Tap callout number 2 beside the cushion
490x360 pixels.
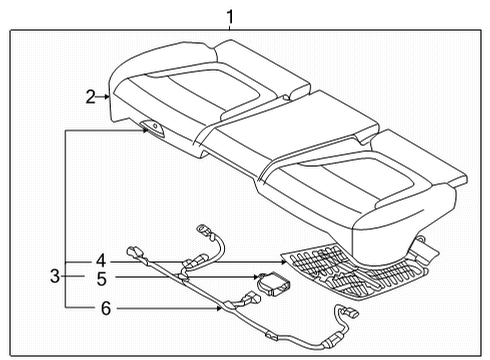coord(90,96)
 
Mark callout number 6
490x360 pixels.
coord(105,309)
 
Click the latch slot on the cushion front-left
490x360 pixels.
coord(153,127)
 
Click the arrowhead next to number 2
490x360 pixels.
coord(107,96)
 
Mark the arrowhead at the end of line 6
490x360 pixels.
coord(222,309)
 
